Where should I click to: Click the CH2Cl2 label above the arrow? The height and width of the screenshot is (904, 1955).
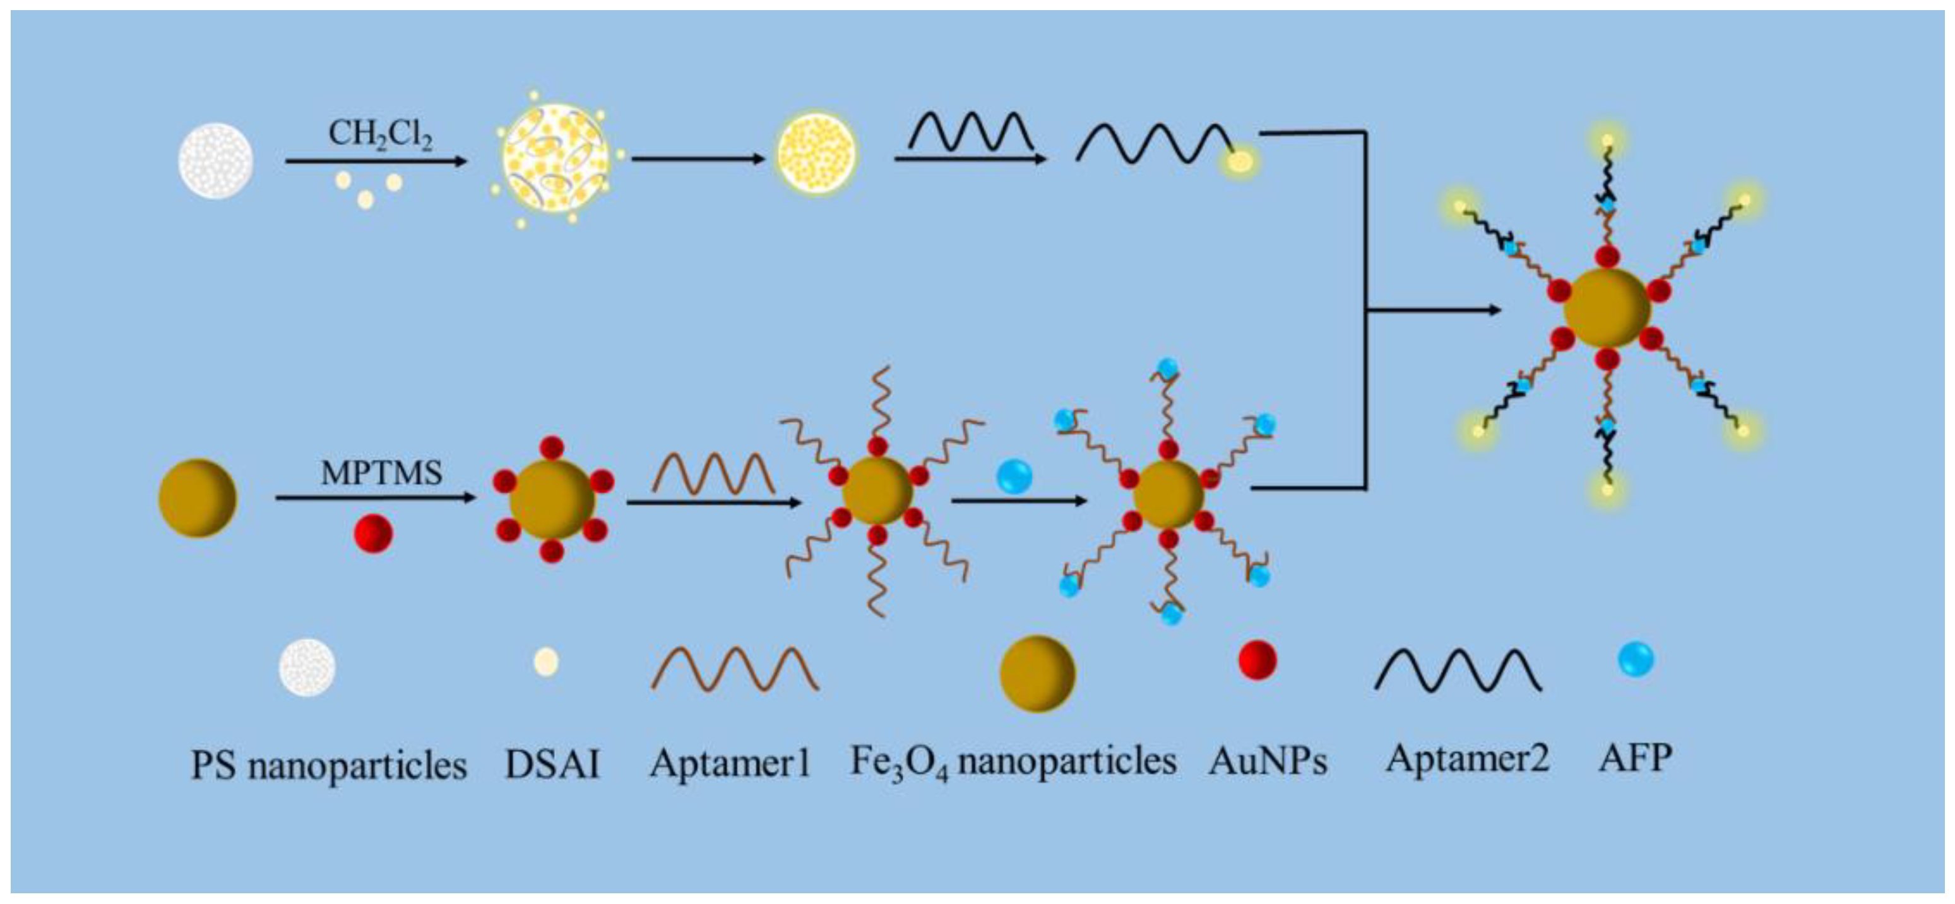coord(380,135)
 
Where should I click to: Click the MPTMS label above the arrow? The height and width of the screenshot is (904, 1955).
coord(381,473)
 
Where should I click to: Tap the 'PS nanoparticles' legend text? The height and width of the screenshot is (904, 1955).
coord(329,764)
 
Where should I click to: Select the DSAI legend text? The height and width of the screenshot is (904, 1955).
coord(552,763)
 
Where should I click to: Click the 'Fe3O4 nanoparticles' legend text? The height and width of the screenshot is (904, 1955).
coord(1013,762)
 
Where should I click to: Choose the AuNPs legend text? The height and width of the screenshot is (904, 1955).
coord(1268,762)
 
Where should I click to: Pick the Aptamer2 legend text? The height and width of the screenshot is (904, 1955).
coord(1467,758)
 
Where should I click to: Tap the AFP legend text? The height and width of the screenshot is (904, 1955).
coord(1636,758)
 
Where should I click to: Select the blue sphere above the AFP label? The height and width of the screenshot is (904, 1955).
coord(1636,659)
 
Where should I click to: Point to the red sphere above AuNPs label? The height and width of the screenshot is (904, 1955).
coord(1257,660)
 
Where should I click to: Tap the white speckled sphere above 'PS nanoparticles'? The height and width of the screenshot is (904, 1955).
coord(307,667)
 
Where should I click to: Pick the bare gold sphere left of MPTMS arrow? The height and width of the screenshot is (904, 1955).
coord(198,498)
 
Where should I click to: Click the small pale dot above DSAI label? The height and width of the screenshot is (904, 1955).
coord(547,661)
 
